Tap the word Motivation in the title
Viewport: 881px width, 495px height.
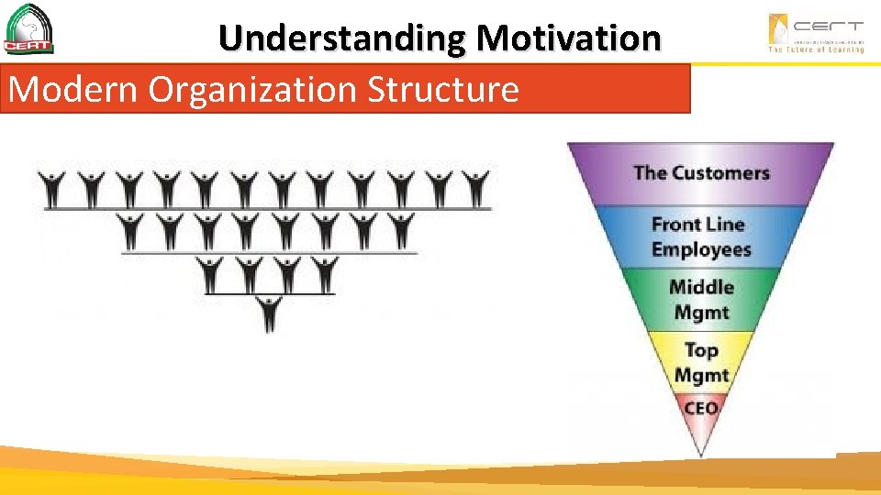click(x=568, y=38)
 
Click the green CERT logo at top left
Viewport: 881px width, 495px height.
click(x=28, y=29)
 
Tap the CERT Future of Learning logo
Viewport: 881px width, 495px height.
click(x=816, y=33)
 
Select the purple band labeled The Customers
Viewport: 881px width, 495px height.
click(x=701, y=172)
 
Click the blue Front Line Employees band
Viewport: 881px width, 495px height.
click(x=701, y=236)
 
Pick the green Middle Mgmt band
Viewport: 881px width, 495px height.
click(x=701, y=300)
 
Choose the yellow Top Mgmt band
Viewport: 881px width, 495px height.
click(x=701, y=362)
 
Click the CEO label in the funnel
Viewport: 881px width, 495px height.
click(x=701, y=408)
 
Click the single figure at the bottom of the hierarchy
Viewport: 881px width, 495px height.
click(x=269, y=313)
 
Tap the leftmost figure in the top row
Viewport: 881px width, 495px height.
click(x=55, y=188)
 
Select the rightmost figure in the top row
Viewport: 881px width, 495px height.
click(x=475, y=188)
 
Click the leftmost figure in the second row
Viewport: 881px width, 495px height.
click(x=132, y=230)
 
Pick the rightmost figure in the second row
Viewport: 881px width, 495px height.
click(x=401, y=230)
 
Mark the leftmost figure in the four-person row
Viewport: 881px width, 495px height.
click(x=211, y=273)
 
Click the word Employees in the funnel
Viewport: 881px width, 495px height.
click(x=701, y=249)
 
